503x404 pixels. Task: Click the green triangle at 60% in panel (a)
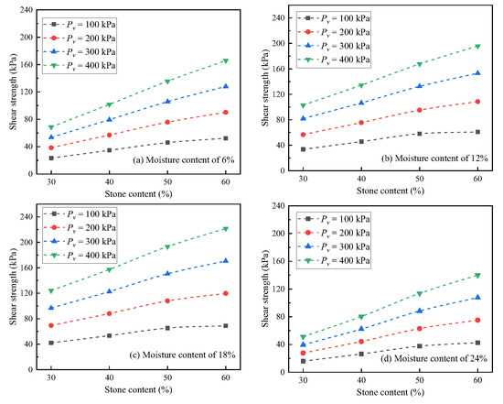click(226, 60)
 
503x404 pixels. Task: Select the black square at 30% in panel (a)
click(51, 158)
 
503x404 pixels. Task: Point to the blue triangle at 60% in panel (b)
click(477, 73)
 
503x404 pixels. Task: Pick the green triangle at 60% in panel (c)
click(226, 229)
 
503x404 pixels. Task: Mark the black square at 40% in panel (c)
click(110, 335)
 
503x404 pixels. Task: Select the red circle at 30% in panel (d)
click(304, 353)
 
